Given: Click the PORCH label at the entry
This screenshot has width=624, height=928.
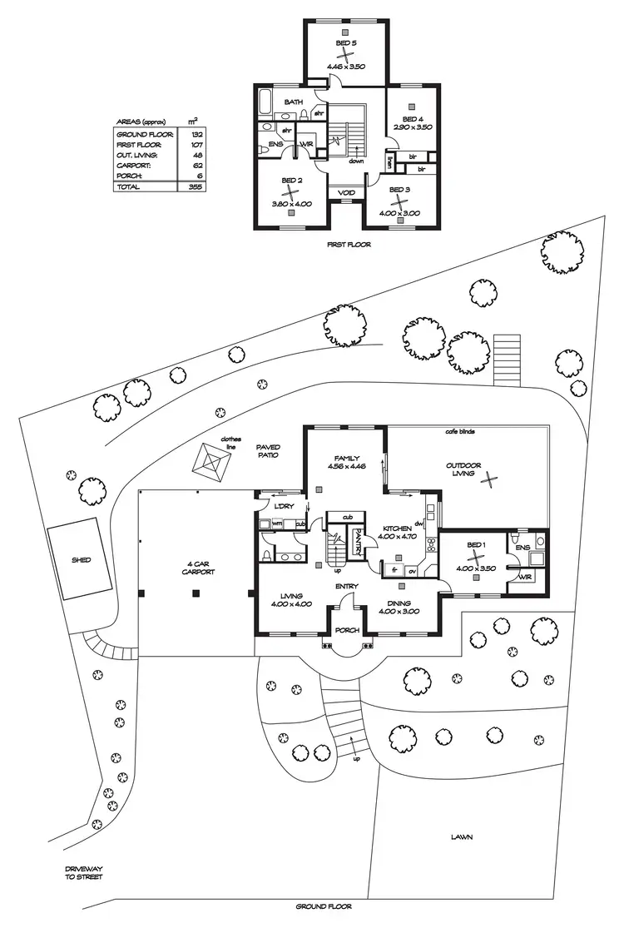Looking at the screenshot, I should coord(347,630).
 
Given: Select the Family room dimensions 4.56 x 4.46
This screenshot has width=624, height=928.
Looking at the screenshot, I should coord(345,468).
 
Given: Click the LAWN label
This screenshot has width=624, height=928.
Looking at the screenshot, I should coord(463,836).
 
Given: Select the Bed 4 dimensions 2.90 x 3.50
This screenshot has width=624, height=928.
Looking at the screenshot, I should coord(413,127).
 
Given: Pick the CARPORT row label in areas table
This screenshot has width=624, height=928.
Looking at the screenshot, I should coord(131,166).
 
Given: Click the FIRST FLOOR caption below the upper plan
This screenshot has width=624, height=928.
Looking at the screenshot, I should coord(349,245).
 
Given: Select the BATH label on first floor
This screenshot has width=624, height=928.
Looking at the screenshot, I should coord(293,102).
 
